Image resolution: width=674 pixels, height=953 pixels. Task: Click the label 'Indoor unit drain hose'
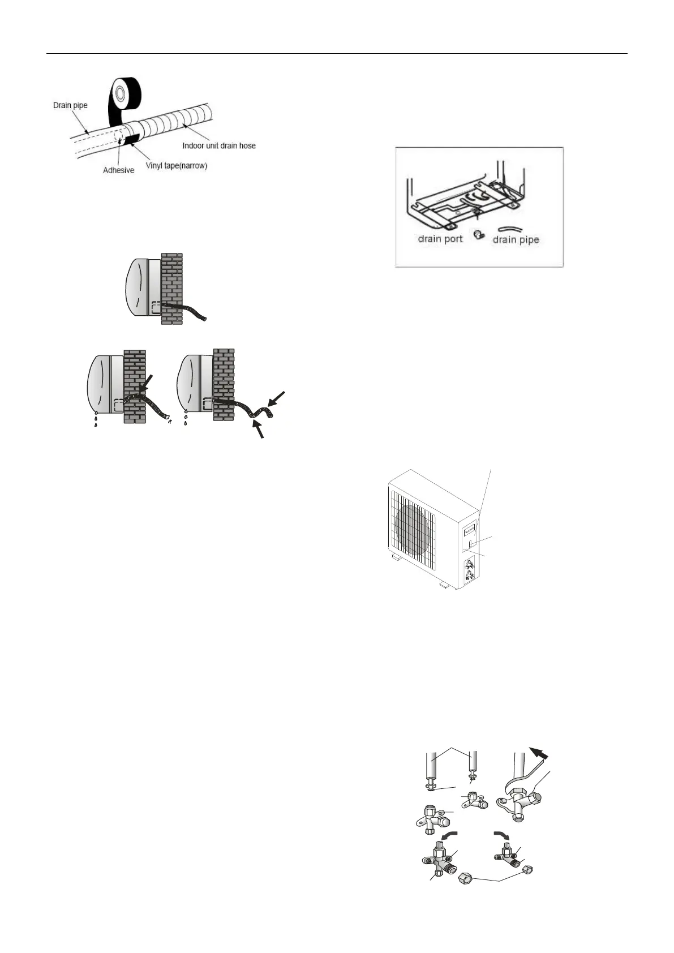click(x=218, y=145)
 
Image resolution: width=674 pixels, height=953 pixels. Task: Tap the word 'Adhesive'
click(x=118, y=170)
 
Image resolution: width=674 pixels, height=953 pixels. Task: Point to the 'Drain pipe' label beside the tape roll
click(x=70, y=105)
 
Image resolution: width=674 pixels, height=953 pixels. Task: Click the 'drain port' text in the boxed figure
click(x=440, y=238)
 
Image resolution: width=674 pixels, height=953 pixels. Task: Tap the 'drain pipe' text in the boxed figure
click(x=516, y=239)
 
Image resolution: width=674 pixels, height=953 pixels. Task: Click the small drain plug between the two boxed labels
click(x=477, y=234)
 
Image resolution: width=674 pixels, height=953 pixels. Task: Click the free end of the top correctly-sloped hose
click(x=204, y=319)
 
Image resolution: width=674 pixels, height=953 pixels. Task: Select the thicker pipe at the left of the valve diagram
click(x=433, y=766)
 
